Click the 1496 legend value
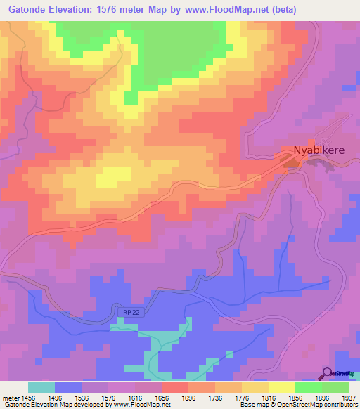69,397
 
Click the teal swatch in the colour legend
41,387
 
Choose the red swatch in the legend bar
175,387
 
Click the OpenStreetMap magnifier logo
328,372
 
